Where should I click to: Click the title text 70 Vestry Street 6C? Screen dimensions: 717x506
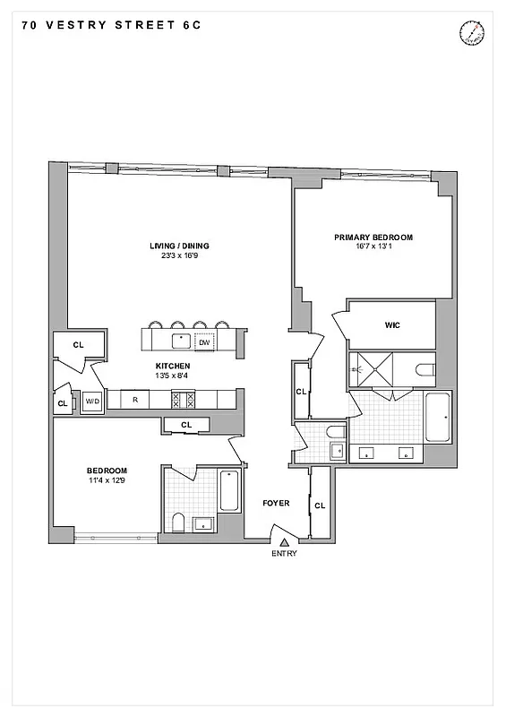[x=108, y=26]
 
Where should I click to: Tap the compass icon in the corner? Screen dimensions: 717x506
[x=472, y=33]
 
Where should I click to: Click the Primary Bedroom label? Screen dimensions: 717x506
[x=373, y=238]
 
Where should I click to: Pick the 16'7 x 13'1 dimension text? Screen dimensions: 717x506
[x=373, y=246]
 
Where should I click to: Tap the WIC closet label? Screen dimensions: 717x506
[x=391, y=325]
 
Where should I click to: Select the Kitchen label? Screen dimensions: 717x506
[x=173, y=366]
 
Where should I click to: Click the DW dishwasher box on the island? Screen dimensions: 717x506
[x=204, y=341]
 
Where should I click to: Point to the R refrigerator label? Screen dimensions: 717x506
[x=134, y=400]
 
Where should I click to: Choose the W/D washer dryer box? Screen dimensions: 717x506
[x=92, y=402]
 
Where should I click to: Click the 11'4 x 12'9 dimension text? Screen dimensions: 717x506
[x=107, y=481]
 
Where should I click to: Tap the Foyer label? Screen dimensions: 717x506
[x=276, y=504]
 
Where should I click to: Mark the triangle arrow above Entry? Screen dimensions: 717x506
[x=284, y=541]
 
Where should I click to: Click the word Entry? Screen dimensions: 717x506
[x=284, y=553]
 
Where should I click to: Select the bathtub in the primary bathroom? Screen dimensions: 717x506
[x=438, y=417]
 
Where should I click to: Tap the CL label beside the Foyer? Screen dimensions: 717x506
[x=320, y=506]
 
